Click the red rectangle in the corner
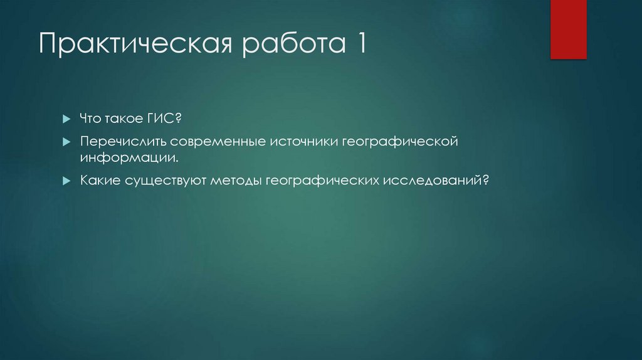pyautogui.click(x=568, y=29)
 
